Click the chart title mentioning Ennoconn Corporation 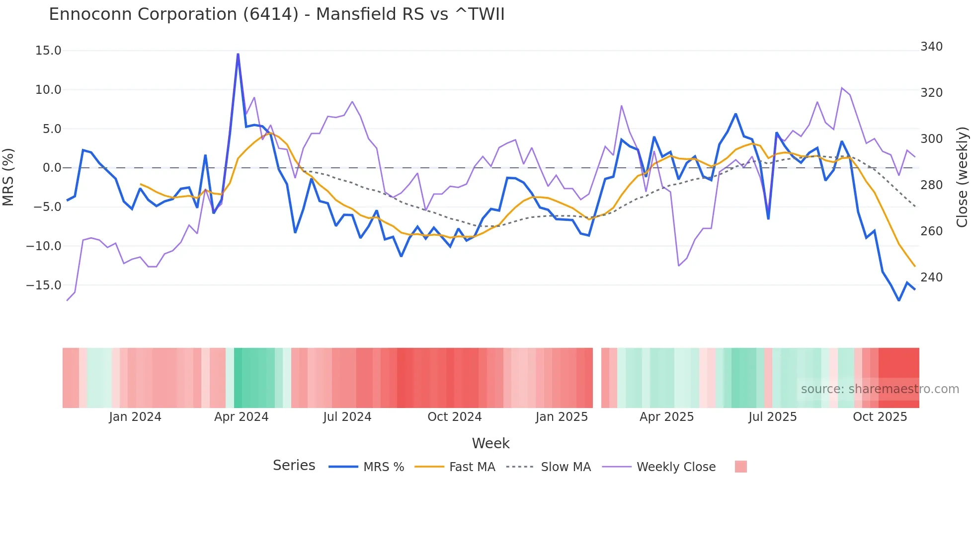point(276,14)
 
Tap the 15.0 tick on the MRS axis point(48,51)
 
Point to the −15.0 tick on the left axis point(44,285)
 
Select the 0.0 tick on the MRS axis point(52,168)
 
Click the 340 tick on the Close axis point(931,47)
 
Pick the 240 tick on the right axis point(931,277)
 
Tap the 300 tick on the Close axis point(931,139)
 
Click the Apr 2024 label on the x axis point(241,417)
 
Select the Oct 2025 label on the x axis point(880,417)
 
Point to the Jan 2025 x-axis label point(562,417)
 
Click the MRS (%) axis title point(8,177)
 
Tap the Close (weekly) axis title point(962,177)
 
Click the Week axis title point(490,443)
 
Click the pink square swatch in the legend point(740,467)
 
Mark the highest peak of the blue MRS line point(238,54)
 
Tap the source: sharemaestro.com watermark point(880,389)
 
